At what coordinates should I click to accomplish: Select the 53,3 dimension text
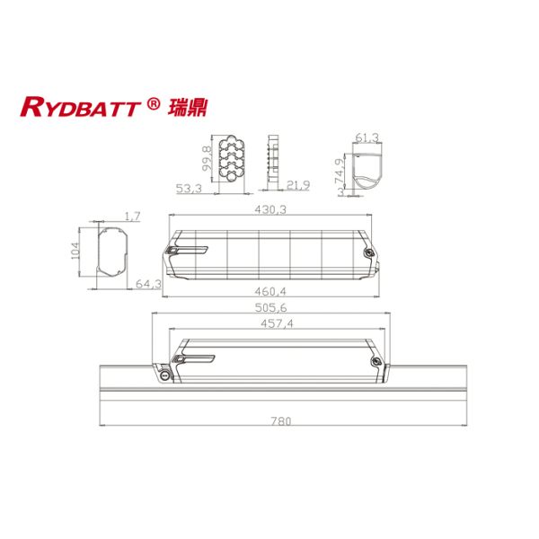(x=188, y=188)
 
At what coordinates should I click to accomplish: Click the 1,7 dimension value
(x=132, y=216)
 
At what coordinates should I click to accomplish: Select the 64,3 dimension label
(x=148, y=284)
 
